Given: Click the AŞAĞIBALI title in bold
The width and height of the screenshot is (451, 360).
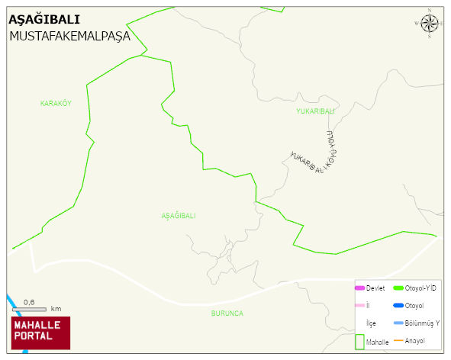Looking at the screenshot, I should (x=43, y=20).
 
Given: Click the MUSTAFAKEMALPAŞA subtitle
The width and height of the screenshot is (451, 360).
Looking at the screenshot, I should (x=69, y=36).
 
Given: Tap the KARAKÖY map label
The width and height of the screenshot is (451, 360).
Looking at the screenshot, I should (x=56, y=103).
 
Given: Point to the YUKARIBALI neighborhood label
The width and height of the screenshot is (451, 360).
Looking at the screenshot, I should (x=315, y=111).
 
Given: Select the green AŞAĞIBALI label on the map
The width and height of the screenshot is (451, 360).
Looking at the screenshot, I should (x=179, y=216).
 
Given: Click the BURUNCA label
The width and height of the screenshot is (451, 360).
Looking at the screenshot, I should (x=227, y=313).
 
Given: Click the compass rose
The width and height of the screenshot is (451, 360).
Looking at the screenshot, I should (x=430, y=22).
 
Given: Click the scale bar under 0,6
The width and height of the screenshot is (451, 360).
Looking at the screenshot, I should (x=29, y=309).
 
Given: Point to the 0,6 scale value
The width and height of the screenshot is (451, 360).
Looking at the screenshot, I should (x=29, y=302).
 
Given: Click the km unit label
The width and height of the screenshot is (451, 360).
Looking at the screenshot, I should (x=56, y=309).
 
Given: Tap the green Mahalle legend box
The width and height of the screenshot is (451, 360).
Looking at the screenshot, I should (x=359, y=342).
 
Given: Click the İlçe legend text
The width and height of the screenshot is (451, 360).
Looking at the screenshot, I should (x=371, y=323).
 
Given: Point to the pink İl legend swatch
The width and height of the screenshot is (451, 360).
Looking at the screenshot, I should (x=359, y=306).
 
